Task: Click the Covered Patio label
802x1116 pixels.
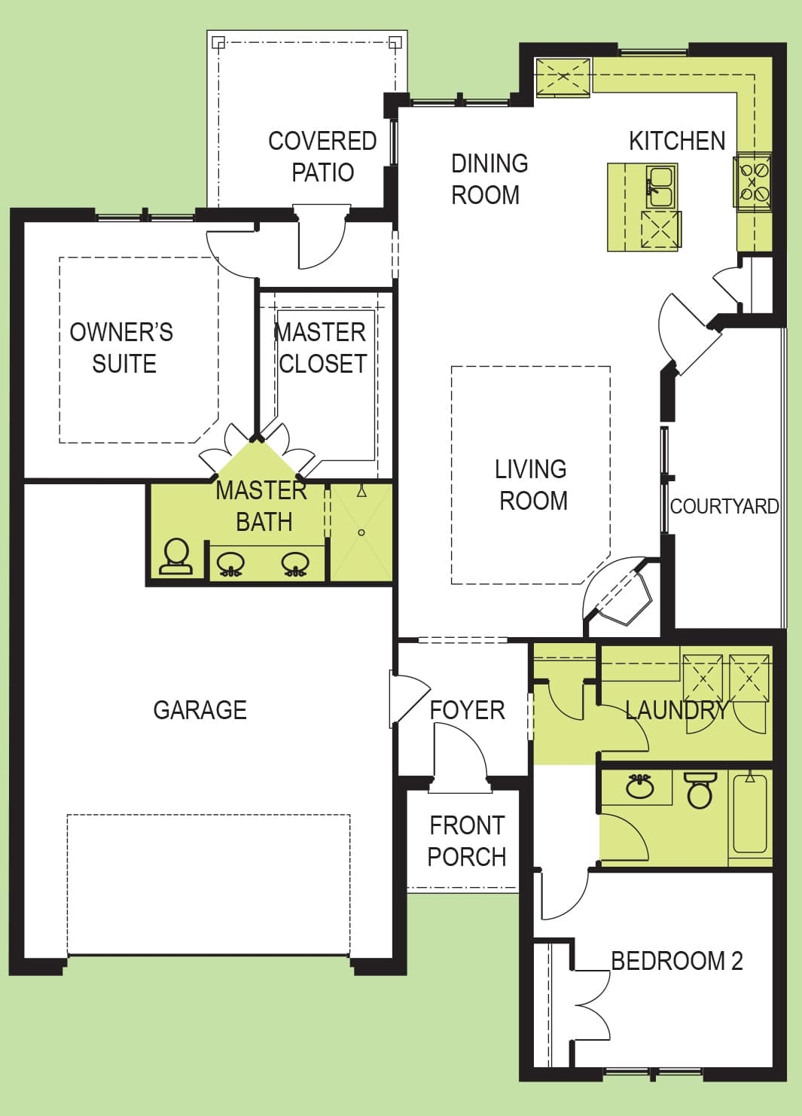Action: coord(322,157)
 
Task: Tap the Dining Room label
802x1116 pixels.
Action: coord(489,179)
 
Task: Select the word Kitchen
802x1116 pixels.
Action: coord(676,141)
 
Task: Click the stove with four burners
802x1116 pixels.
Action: coord(753,180)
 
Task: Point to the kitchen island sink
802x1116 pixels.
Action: coord(660,186)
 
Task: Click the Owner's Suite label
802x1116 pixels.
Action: coord(122,348)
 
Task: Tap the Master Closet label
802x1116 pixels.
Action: coord(322,348)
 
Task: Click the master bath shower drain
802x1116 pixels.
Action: coord(361,532)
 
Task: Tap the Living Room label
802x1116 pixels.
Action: coord(532,485)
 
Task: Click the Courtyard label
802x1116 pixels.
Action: coord(724,506)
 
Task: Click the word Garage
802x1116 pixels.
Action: coord(200,710)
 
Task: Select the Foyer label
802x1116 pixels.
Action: coord(467,710)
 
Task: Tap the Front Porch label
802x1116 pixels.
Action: coord(466,841)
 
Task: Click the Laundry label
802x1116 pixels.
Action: coord(676,710)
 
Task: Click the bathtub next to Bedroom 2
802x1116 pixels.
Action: coord(750,814)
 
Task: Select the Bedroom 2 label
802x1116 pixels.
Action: coord(676,961)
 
